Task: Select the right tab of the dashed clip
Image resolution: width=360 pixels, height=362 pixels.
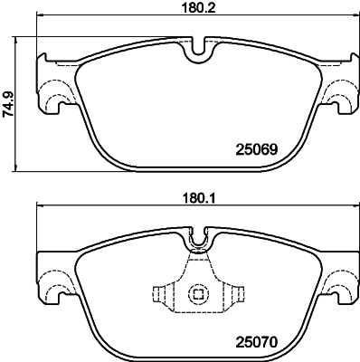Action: pos(237,294)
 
